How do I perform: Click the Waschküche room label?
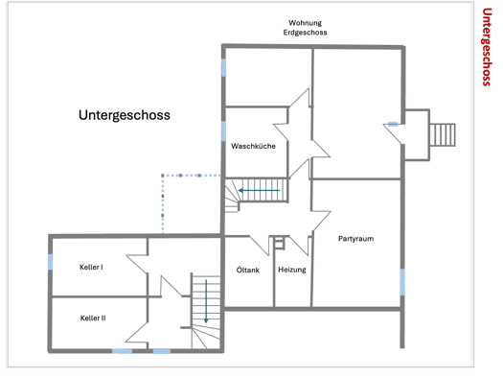click(x=253, y=146)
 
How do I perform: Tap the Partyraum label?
click(x=355, y=239)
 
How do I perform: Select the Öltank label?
click(x=247, y=271)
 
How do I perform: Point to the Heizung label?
click(x=292, y=270)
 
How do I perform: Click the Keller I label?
click(x=91, y=268)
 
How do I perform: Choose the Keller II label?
click(x=93, y=318)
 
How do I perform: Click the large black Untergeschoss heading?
click(x=125, y=115)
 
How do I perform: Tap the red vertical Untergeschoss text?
click(x=487, y=47)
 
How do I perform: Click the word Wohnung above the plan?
click(x=305, y=23)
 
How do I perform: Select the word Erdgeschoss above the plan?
click(x=305, y=33)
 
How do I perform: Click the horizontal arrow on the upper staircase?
click(x=259, y=191)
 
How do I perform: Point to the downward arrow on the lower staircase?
click(x=206, y=301)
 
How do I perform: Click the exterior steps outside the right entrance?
click(x=443, y=135)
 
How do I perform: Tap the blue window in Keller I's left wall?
click(x=50, y=262)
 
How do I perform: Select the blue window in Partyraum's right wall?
click(x=402, y=282)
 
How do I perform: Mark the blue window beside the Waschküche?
click(x=223, y=131)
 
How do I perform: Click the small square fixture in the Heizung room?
click(x=279, y=244)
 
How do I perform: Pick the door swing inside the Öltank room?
click(x=260, y=246)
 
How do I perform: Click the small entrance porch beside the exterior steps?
click(x=417, y=135)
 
